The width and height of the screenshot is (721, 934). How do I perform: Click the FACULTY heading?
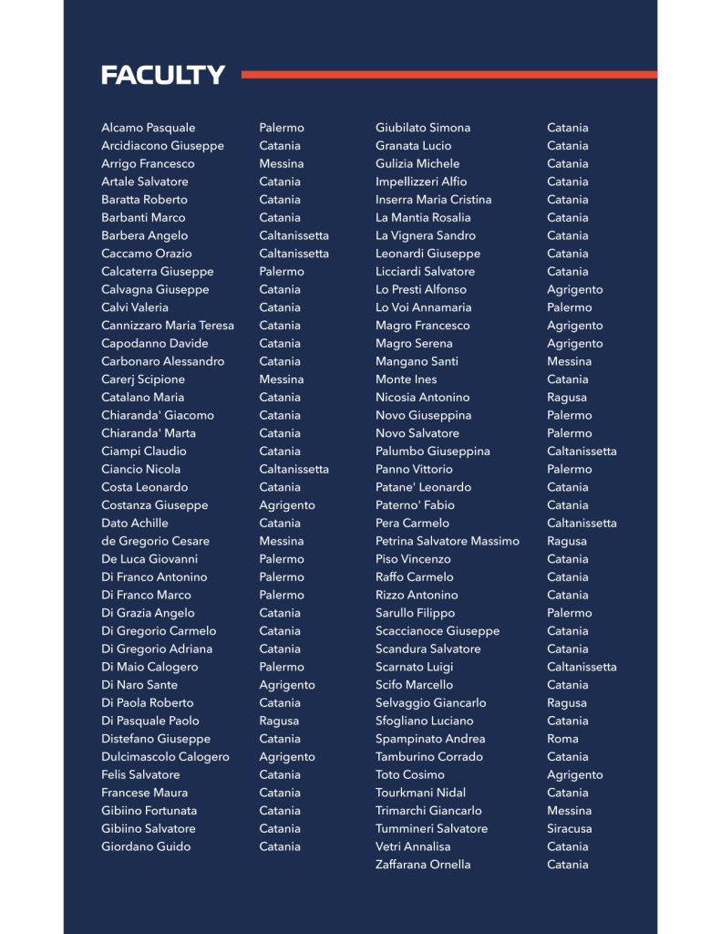[163, 75]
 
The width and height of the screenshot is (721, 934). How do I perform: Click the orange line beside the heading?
[448, 75]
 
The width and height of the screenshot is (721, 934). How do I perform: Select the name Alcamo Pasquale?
[148, 128]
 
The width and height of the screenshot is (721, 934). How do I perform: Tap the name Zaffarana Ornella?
[423, 865]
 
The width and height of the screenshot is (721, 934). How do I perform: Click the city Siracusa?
[569, 829]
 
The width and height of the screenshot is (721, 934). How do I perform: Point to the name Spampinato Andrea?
[430, 739]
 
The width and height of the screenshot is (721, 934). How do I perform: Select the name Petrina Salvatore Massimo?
[447, 541]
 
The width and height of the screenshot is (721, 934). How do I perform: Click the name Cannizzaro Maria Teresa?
[167, 326]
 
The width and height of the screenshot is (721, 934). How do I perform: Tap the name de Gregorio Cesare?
[155, 541]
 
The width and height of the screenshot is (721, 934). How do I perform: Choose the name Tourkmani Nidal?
[420, 793]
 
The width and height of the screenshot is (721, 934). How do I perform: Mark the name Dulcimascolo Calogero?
[165, 757]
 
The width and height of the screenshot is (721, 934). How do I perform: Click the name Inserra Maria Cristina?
[433, 200]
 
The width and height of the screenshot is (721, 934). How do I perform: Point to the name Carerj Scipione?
[143, 379]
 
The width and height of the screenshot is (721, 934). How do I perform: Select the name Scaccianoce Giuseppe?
[438, 631]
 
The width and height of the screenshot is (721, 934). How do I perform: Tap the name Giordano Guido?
[146, 846]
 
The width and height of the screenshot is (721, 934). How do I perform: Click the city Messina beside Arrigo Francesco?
[281, 164]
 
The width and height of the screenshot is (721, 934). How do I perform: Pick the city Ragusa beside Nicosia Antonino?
[566, 398]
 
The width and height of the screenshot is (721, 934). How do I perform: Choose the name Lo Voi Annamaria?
[423, 307]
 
